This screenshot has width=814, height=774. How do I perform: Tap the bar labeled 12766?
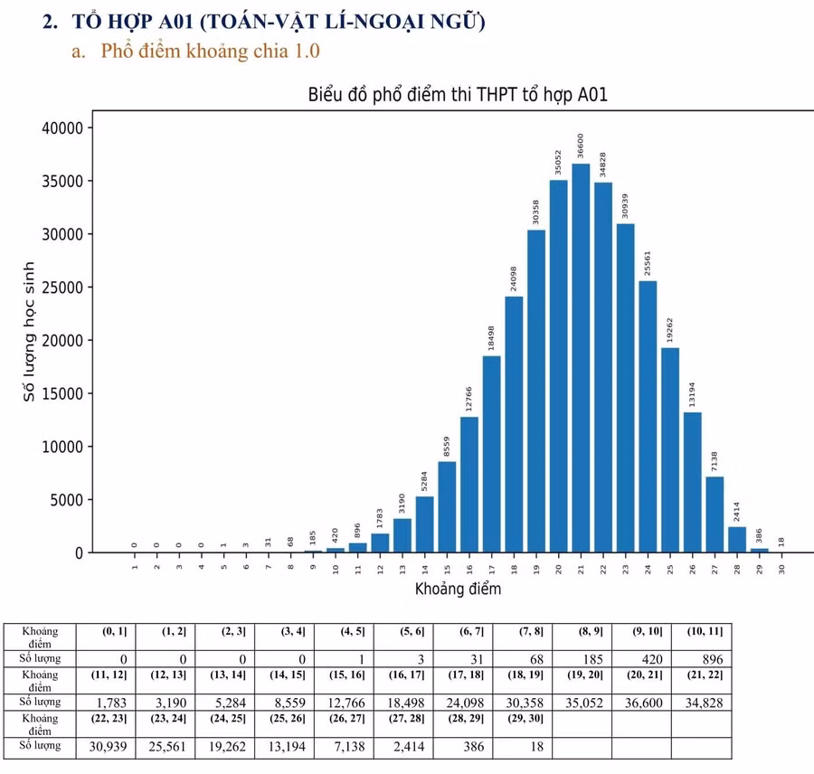pyautogui.click(x=469, y=485)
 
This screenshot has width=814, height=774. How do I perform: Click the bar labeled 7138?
pyautogui.click(x=715, y=514)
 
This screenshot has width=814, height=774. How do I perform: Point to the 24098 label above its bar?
pyautogui.click(x=514, y=278)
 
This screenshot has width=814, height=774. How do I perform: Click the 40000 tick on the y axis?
pyautogui.click(x=62, y=127)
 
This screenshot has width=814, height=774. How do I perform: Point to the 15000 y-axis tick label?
pyautogui.click(x=62, y=393)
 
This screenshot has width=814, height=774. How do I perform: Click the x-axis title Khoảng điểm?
pyautogui.click(x=458, y=590)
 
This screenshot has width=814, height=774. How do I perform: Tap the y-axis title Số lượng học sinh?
pyautogui.click(x=30, y=332)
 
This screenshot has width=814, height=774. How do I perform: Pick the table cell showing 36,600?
pyautogui.click(x=641, y=702)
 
